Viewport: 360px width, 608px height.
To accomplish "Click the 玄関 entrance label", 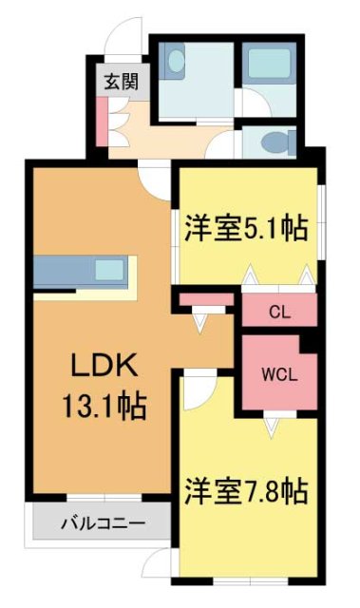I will click(x=121, y=80).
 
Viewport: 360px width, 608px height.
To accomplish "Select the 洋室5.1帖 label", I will click(x=246, y=228).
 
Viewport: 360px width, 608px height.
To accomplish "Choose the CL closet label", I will click(x=278, y=311).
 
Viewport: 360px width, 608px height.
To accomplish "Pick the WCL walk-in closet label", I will click(x=277, y=372).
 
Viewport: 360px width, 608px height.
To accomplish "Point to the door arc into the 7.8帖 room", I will click(x=199, y=388).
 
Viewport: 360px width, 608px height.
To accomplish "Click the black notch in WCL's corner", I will click(x=307, y=341).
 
